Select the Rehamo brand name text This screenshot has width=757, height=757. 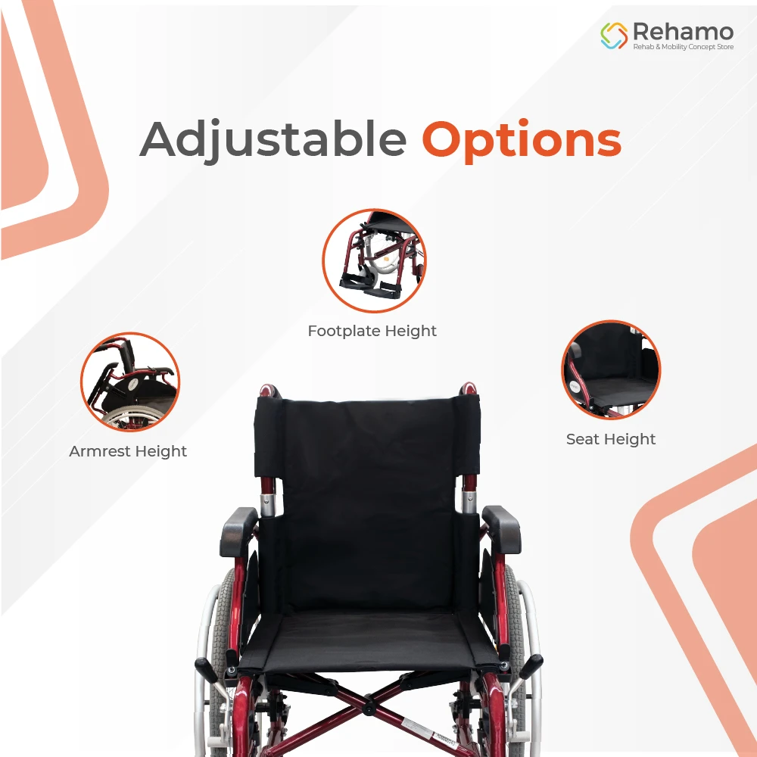683,31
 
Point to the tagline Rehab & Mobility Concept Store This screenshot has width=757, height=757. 683,47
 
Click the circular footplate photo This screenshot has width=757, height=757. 374,260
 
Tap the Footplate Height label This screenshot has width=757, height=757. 372,331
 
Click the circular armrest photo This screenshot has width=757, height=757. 130,382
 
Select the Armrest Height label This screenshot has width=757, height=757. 128,451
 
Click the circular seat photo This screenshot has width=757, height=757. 611,369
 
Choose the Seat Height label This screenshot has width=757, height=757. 611,439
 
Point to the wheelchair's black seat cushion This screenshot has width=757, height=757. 362,640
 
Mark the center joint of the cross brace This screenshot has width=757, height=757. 369,709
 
